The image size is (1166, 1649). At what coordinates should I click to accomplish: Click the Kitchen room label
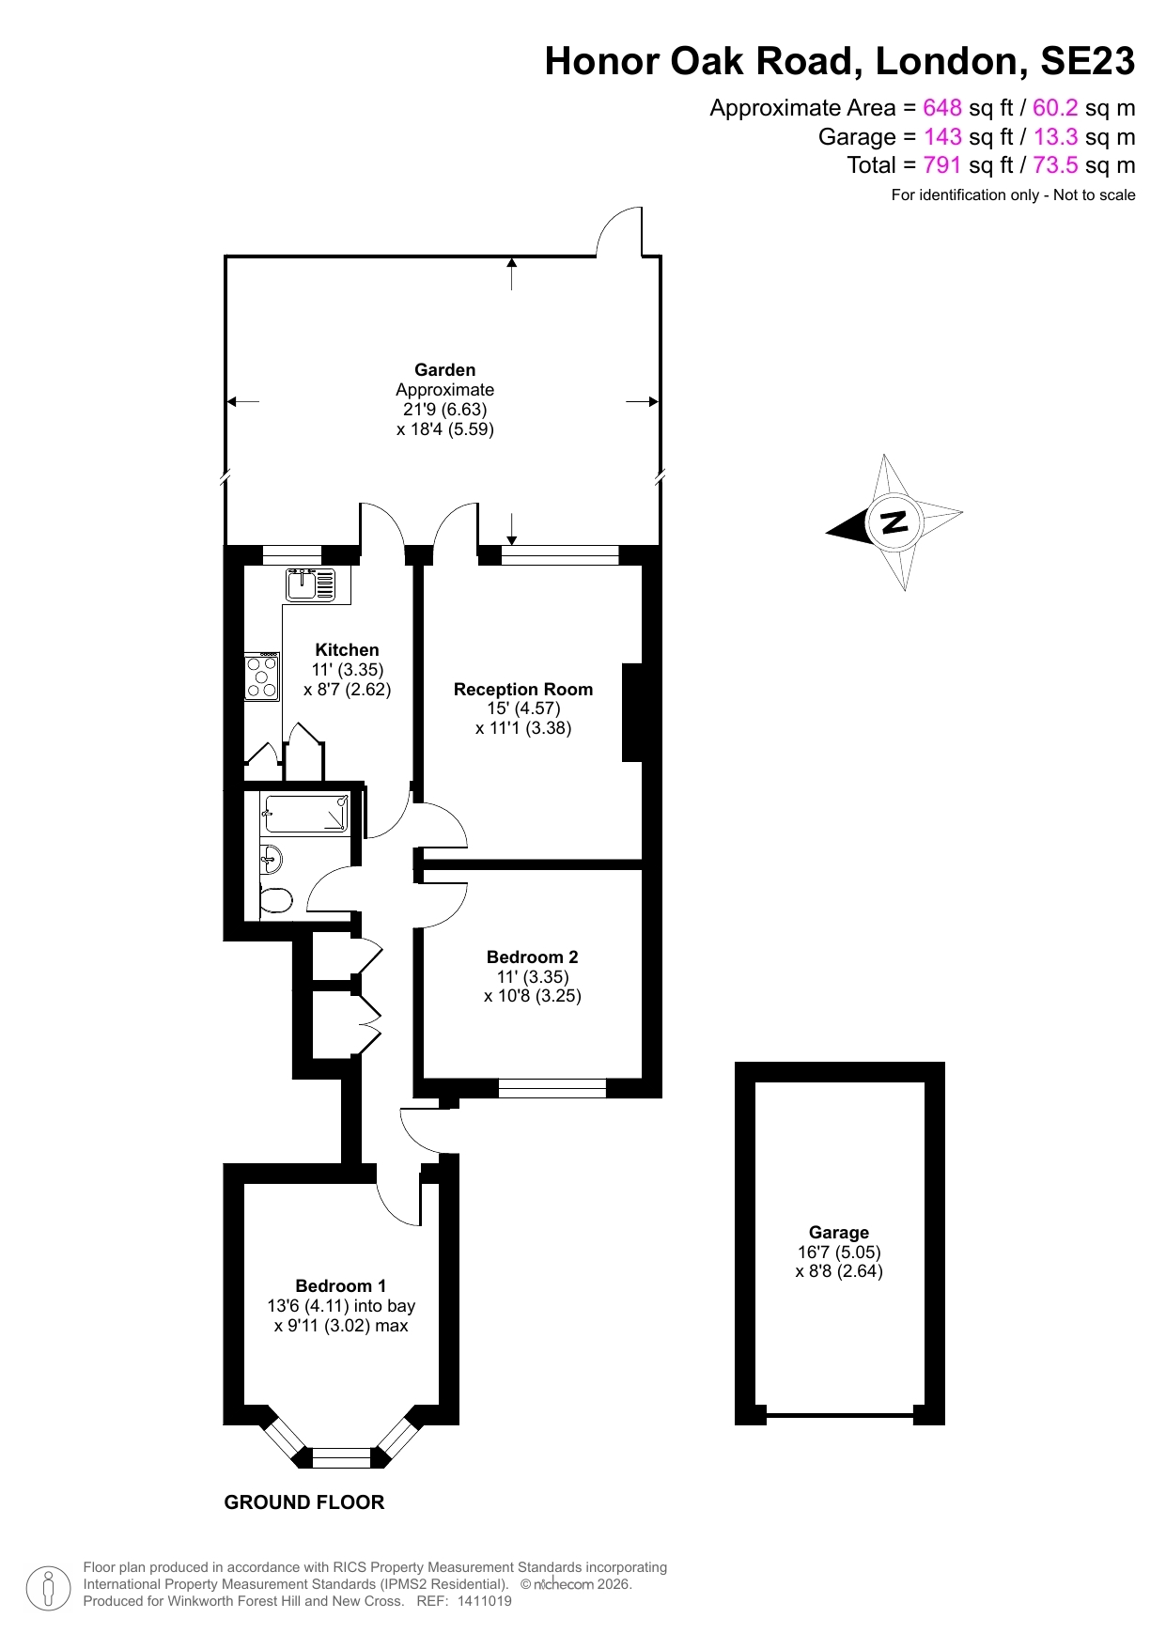[347, 649]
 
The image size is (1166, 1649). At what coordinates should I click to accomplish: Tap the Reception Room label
[523, 689]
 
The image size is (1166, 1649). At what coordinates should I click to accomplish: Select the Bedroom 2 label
[532, 957]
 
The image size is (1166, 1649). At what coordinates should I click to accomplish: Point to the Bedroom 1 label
[340, 1285]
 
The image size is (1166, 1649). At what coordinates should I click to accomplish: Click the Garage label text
[838, 1232]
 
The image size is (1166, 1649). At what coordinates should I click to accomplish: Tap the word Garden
[444, 369]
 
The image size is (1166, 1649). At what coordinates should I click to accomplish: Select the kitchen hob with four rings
[262, 677]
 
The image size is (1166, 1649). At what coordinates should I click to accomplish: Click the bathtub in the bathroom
[306, 814]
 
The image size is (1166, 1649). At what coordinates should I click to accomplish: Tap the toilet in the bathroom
[275, 900]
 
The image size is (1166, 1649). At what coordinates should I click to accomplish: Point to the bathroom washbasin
[270, 856]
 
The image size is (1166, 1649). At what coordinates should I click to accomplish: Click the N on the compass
[894, 521]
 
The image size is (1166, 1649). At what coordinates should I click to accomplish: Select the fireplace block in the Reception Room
[632, 712]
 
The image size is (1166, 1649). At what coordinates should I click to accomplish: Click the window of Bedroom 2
[552, 1088]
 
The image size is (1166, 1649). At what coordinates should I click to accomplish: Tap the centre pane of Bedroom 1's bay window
[341, 1457]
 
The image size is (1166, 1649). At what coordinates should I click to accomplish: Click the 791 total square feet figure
[941, 165]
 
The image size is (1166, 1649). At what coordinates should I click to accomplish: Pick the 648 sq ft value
[941, 108]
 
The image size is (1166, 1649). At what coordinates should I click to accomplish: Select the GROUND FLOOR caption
[303, 1502]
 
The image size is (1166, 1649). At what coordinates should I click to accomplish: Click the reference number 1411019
[484, 1601]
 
